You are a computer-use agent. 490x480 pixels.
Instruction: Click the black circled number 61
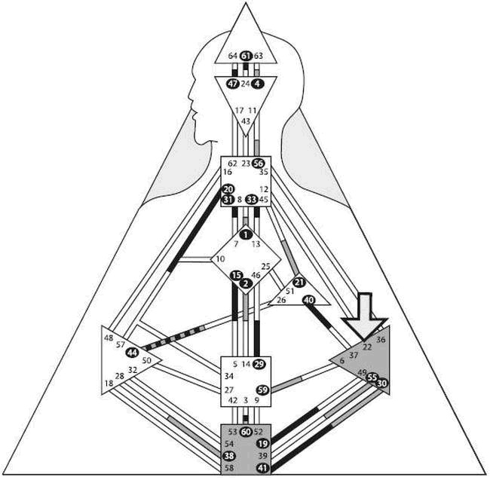click(x=246, y=55)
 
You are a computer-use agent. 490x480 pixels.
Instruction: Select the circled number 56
click(x=259, y=163)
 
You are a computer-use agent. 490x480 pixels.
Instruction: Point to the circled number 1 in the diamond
click(x=246, y=234)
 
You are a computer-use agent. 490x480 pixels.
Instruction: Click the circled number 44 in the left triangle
click(x=133, y=353)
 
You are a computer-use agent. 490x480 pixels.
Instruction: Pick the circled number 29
click(x=259, y=364)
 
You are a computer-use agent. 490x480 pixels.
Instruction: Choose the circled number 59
click(x=262, y=390)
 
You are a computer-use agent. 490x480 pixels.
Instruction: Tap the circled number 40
click(x=308, y=299)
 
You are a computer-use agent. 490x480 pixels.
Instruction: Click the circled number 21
click(x=299, y=282)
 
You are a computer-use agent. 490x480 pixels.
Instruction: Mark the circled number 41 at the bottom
click(x=262, y=469)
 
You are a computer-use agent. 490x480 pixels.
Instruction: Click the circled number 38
click(x=229, y=457)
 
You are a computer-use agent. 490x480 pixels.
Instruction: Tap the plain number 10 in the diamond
click(x=220, y=260)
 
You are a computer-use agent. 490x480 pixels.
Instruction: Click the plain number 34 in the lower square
click(x=229, y=376)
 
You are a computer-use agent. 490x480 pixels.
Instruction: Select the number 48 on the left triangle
click(x=109, y=338)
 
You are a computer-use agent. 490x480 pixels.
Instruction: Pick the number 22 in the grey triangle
click(x=367, y=347)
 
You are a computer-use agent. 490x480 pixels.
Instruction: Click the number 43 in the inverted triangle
click(x=246, y=121)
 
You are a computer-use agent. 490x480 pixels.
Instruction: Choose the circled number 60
click(x=246, y=431)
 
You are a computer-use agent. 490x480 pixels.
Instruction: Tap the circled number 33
click(x=251, y=199)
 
